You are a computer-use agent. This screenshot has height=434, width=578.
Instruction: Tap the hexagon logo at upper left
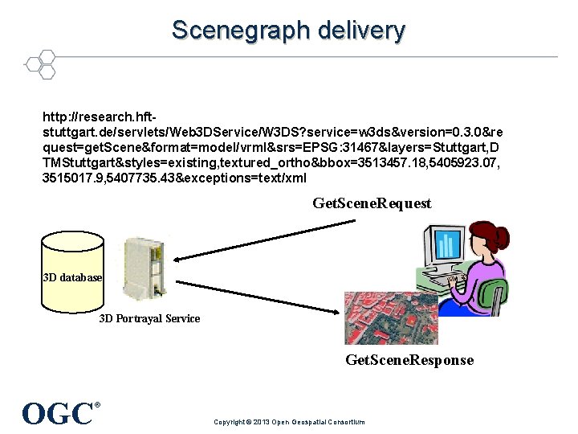(x=39, y=64)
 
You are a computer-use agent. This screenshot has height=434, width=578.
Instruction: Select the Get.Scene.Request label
(x=372, y=203)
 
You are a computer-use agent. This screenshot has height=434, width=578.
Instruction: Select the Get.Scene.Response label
(x=409, y=359)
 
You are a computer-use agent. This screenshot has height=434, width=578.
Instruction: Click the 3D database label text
(x=72, y=277)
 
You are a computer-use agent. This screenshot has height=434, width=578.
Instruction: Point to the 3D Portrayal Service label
(x=149, y=318)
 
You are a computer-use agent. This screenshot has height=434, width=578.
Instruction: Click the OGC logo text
(x=58, y=413)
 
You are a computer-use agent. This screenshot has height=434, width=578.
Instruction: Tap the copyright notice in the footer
(x=289, y=422)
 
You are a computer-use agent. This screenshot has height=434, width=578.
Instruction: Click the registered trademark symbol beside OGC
(x=98, y=404)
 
